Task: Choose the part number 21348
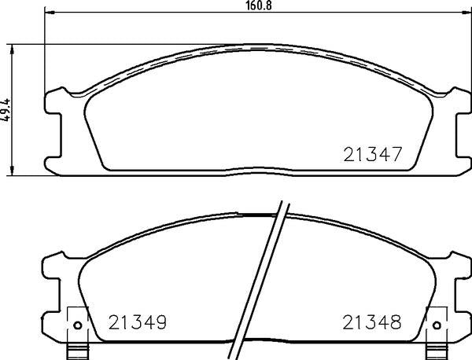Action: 371,322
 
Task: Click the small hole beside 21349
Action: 77,326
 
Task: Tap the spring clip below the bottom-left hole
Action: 76,350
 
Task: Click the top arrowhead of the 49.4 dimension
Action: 12,48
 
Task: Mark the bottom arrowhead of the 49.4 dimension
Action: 12,171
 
